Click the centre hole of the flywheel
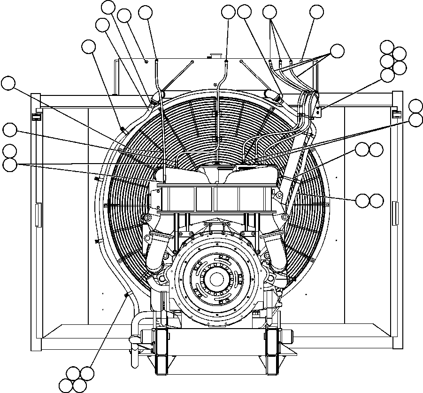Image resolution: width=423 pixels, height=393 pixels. (x=216, y=279)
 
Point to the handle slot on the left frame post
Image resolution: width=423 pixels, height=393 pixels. (x=37, y=212)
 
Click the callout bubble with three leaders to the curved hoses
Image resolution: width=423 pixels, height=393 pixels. (x=337, y=51)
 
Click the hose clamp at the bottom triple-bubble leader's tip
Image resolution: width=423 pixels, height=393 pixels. (x=126, y=295)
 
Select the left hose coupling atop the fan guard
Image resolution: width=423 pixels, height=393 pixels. (x=155, y=98)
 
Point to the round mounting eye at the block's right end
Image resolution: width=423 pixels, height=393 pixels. (x=285, y=217)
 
